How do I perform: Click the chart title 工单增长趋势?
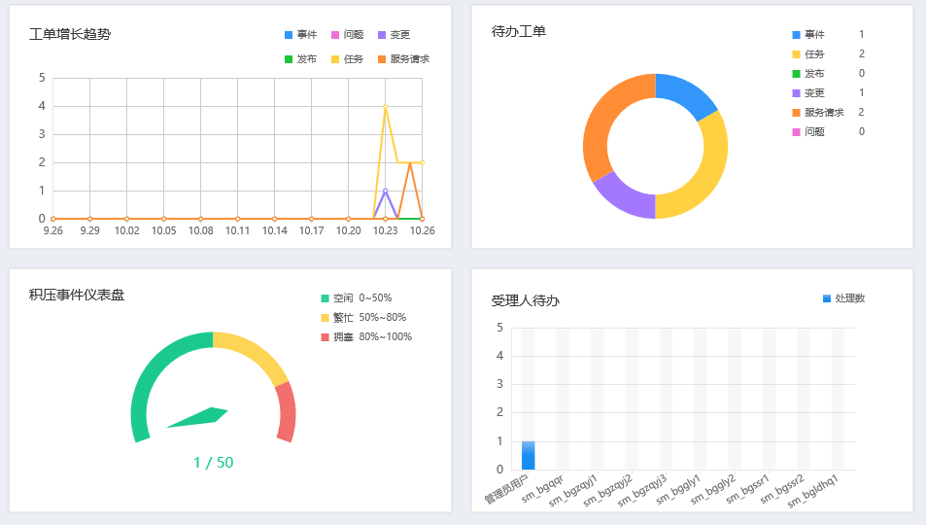click(x=70, y=34)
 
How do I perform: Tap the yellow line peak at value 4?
click(x=386, y=106)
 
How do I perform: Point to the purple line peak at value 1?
click(x=386, y=191)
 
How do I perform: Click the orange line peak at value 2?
click(x=410, y=162)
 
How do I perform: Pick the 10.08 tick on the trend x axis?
click(x=201, y=230)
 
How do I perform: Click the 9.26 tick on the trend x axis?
click(x=53, y=230)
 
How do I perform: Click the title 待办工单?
click(x=519, y=31)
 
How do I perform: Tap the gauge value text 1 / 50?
click(x=214, y=463)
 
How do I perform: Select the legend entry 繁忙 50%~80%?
click(x=369, y=317)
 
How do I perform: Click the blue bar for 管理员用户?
click(x=528, y=455)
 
